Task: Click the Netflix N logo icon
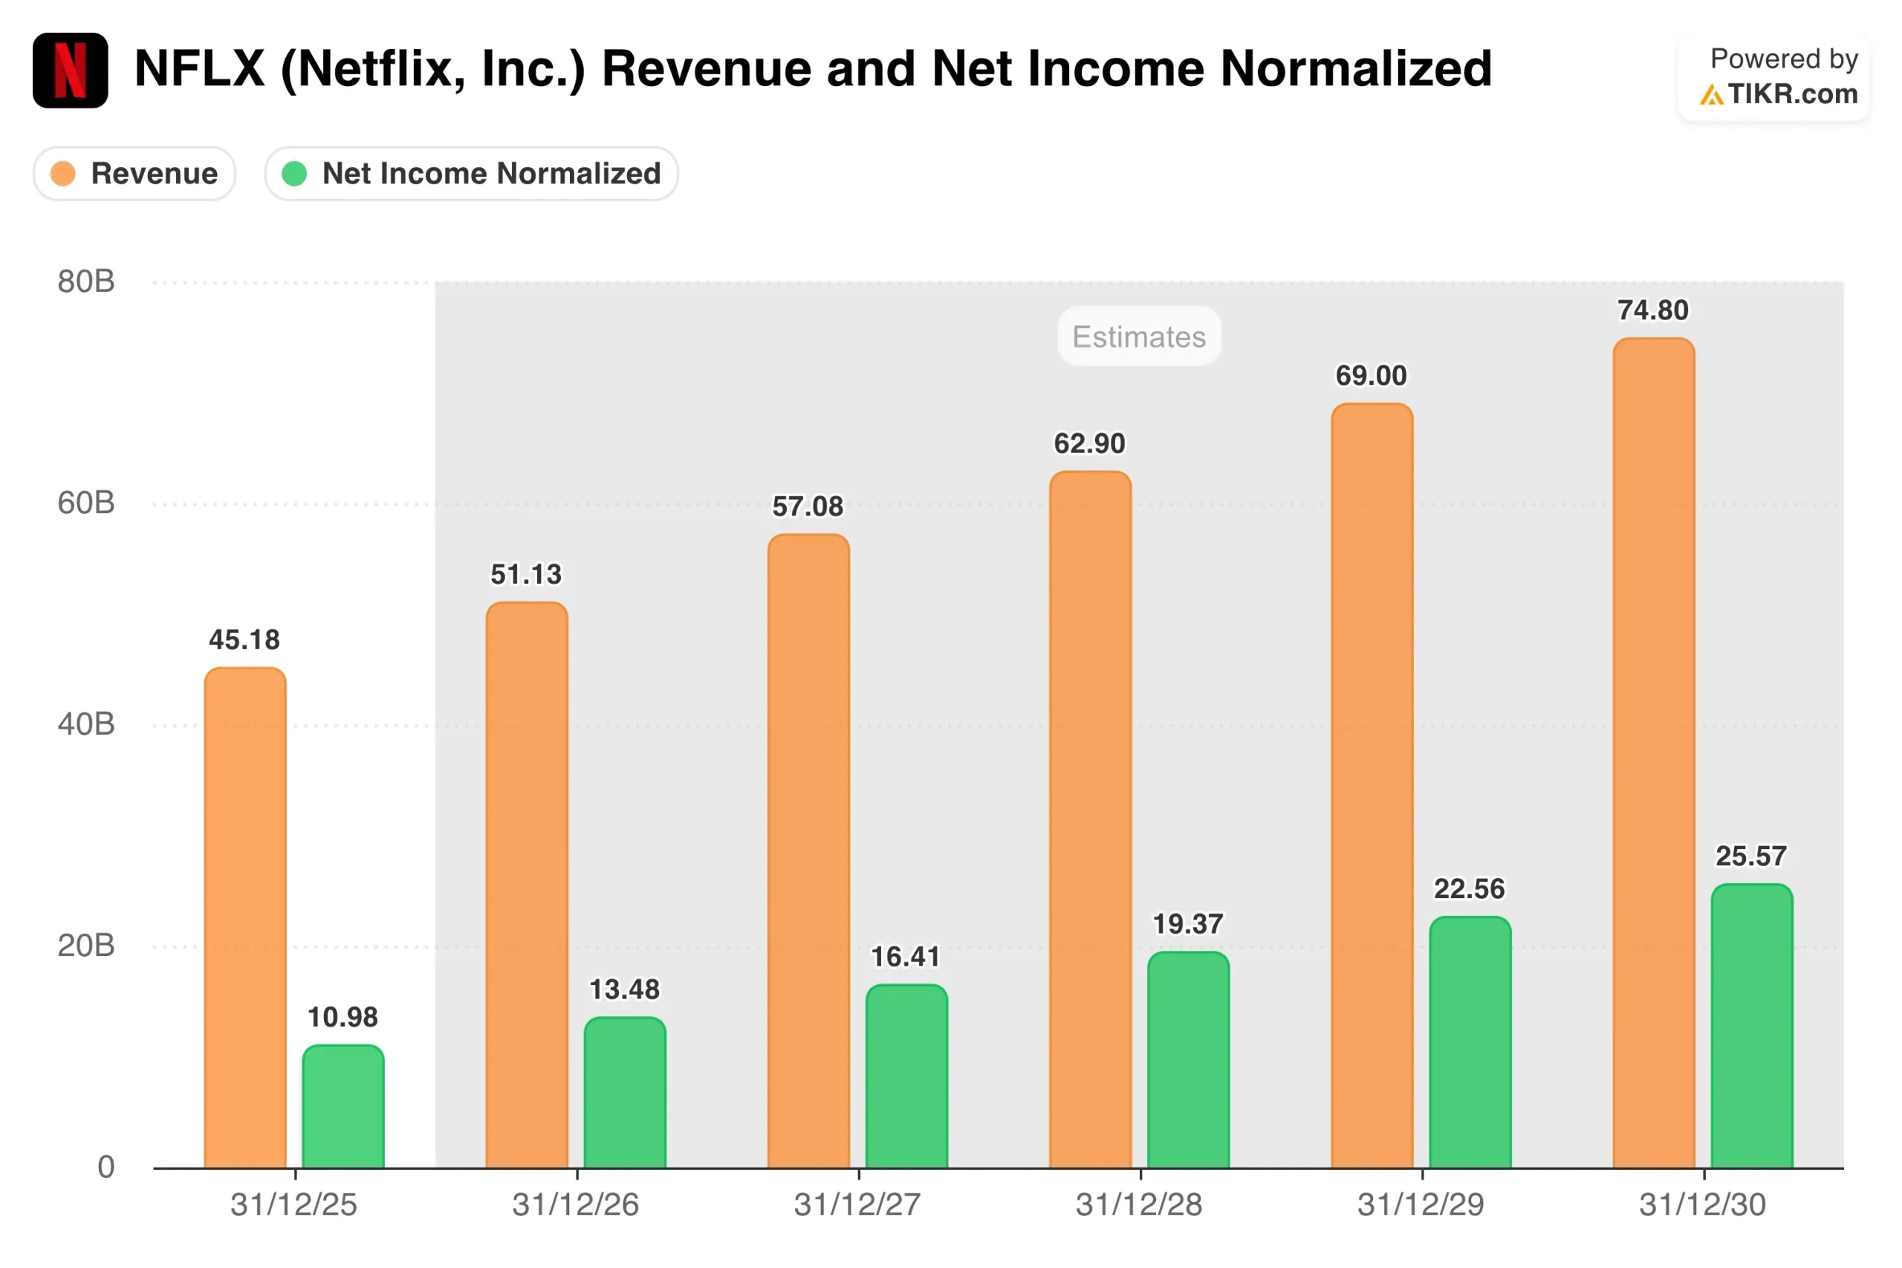click(71, 71)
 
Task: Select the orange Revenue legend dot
click(63, 173)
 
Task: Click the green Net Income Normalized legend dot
click(294, 173)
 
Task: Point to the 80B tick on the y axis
click(85, 282)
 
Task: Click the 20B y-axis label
click(85, 946)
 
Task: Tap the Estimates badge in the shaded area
click(1139, 336)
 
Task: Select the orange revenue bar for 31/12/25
click(245, 918)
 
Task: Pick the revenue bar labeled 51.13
click(527, 885)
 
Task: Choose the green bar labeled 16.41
click(906, 1076)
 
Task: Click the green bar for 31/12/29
click(1470, 1042)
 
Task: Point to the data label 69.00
click(1371, 376)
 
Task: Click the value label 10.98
click(343, 1018)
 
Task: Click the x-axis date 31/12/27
click(857, 1206)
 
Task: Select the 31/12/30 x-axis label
click(1702, 1206)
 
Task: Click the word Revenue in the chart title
click(705, 69)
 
